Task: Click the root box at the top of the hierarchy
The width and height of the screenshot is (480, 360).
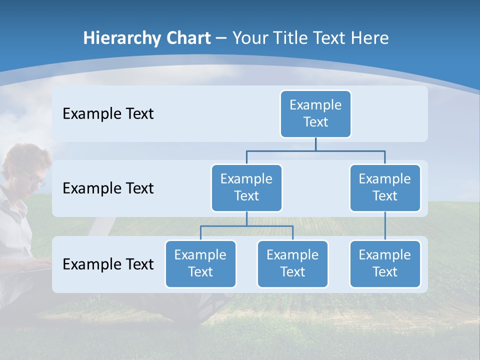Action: coord(315,113)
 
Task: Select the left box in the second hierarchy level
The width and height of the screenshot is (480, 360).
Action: coord(246,187)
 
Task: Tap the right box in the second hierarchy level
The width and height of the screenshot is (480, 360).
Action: coord(385,187)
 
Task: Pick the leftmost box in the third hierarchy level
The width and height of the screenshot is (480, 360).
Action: coord(200,263)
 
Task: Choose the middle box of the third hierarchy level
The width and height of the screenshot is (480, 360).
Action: coord(292,263)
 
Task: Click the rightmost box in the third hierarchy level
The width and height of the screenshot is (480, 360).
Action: coord(385,263)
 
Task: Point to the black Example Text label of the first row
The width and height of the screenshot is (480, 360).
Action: coord(108,114)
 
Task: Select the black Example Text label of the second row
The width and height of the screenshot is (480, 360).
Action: coord(108,188)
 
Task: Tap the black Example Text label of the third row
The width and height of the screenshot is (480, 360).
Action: coord(108,264)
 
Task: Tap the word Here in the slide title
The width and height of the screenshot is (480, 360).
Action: coord(369,38)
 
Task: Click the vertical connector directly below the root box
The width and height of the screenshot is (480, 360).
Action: coord(315,144)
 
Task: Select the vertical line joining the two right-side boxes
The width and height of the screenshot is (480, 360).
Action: coord(385,226)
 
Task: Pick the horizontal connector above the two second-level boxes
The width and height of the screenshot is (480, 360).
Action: coord(315,150)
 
